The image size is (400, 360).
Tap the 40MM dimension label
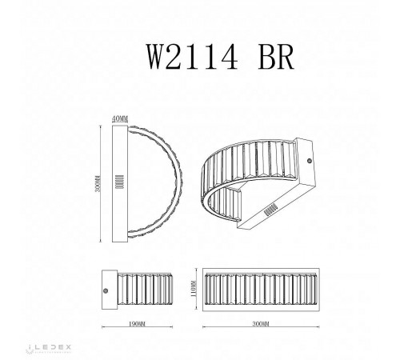point(121,118)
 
